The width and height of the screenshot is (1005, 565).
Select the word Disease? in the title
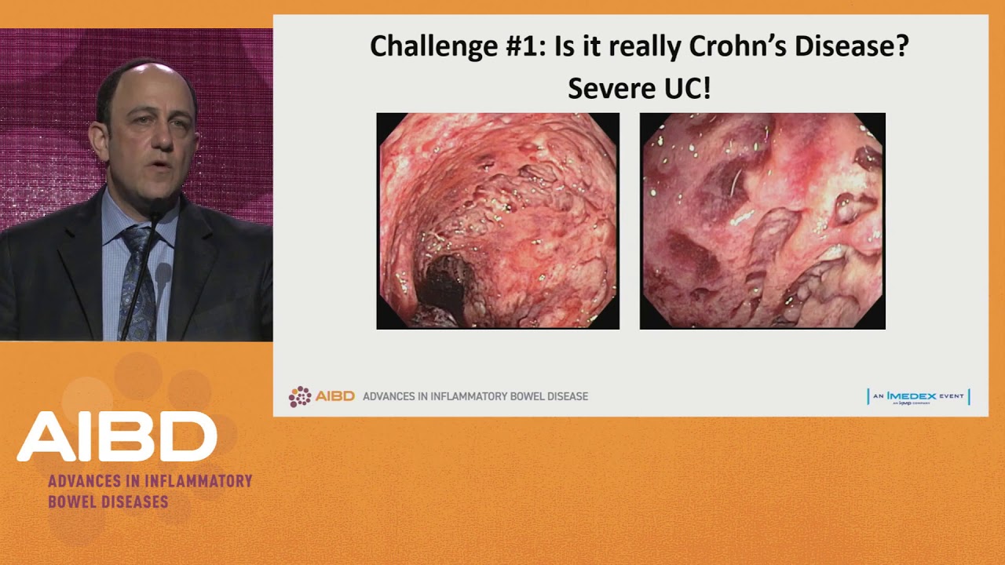[852, 47]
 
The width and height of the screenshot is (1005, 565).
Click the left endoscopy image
[498, 221]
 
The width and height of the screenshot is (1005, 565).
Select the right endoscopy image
[762, 221]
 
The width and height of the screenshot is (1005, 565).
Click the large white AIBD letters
[117, 437]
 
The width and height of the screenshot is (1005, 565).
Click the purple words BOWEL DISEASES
[108, 501]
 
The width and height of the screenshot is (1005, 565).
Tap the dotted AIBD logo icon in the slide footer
[299, 396]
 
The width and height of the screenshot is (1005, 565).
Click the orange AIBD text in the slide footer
[334, 396]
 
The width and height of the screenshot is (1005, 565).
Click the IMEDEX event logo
[918, 396]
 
